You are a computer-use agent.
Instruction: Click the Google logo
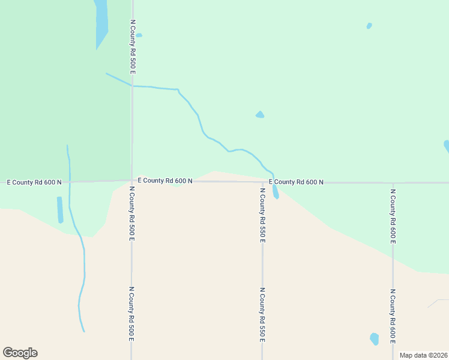(x=20, y=353)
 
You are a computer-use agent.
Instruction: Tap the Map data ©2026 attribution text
(x=423, y=355)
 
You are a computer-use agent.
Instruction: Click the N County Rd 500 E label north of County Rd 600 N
(x=133, y=47)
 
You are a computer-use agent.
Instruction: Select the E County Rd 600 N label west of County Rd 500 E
(x=34, y=182)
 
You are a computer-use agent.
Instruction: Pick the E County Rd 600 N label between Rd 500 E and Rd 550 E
(x=165, y=180)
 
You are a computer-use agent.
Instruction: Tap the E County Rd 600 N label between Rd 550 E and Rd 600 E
(x=296, y=182)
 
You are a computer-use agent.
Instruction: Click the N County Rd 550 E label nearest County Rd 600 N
(x=262, y=214)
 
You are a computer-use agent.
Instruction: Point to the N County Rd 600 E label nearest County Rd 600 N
(x=393, y=216)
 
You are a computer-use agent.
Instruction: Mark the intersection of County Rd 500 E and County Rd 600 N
(x=132, y=181)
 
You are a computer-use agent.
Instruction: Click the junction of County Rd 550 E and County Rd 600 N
(x=262, y=182)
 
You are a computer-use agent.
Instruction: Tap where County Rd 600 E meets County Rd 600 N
(x=393, y=182)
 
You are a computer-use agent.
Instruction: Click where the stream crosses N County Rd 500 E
(x=132, y=86)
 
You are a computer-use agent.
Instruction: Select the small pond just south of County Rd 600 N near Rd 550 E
(x=275, y=192)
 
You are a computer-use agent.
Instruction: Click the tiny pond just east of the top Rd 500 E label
(x=139, y=35)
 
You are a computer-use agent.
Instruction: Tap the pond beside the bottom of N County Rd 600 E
(x=375, y=339)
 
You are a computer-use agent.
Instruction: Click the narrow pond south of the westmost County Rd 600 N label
(x=60, y=209)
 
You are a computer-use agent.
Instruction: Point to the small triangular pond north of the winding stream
(x=260, y=115)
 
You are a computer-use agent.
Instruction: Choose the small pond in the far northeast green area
(x=369, y=26)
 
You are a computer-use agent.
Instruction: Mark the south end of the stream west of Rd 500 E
(x=83, y=331)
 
